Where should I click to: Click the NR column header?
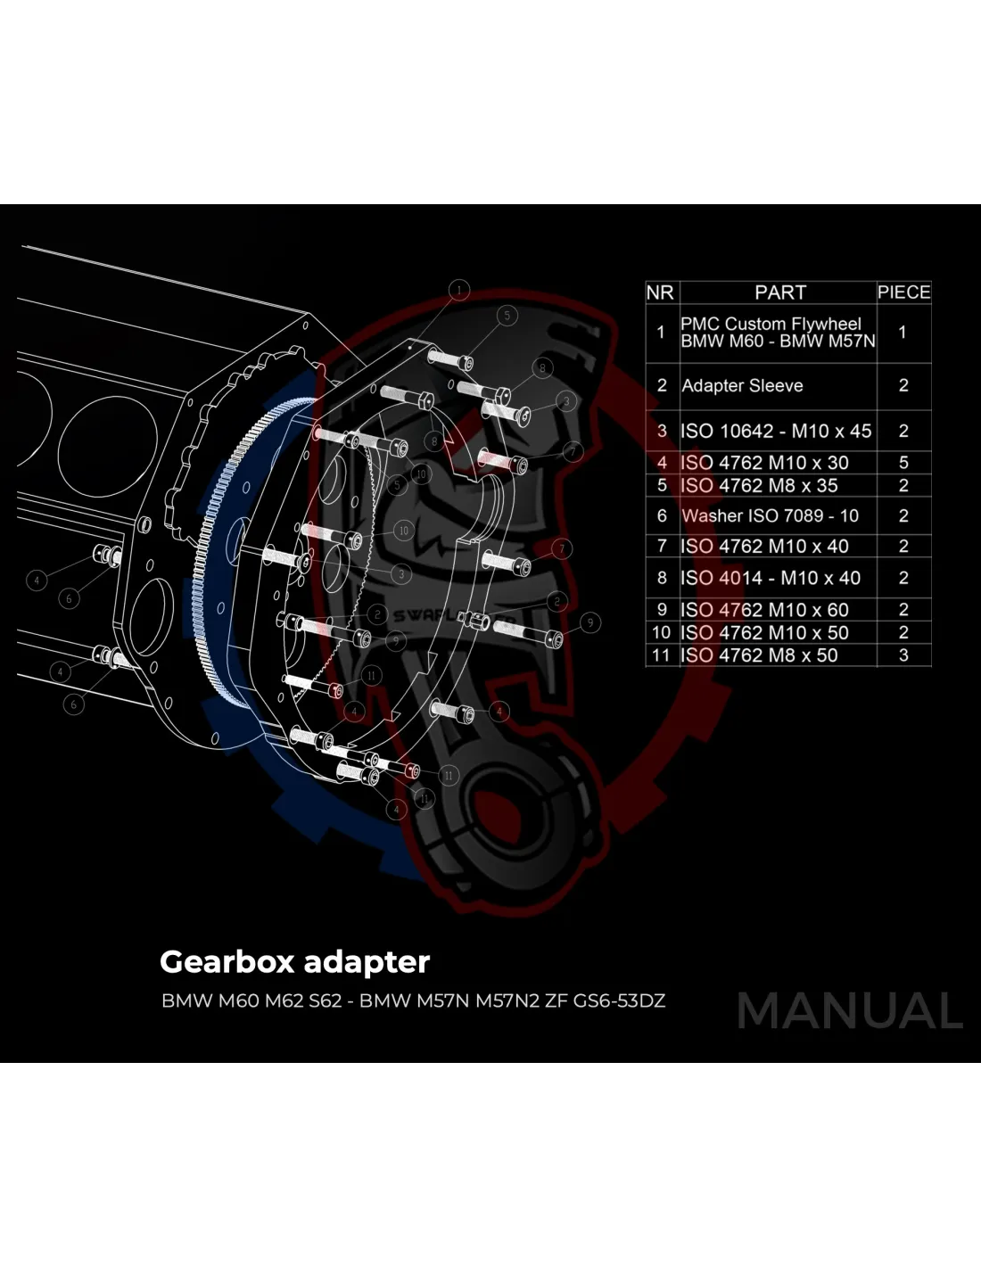pos(660,292)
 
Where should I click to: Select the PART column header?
pos(779,292)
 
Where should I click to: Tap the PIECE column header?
pos(903,292)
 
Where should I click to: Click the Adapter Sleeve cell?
pos(742,386)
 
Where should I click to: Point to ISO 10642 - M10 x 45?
pos(776,432)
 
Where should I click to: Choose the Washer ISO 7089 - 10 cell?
pos(770,516)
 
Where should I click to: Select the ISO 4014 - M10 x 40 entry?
pos(771,579)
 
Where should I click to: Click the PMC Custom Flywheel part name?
pos(771,325)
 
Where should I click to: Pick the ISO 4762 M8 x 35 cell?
pos(759,486)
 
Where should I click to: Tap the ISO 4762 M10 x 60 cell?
pos(764,610)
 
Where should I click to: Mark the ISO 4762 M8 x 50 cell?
pos(759,655)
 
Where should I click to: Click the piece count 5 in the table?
pos(903,463)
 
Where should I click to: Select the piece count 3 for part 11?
pos(903,655)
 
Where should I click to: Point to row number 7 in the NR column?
pos(661,547)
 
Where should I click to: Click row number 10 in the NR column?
pos(661,633)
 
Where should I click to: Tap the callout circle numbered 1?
pos(458,291)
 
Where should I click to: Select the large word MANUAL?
pos(850,1012)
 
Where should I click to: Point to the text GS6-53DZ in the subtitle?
pos(619,1000)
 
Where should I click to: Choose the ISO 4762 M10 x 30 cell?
pos(764,463)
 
